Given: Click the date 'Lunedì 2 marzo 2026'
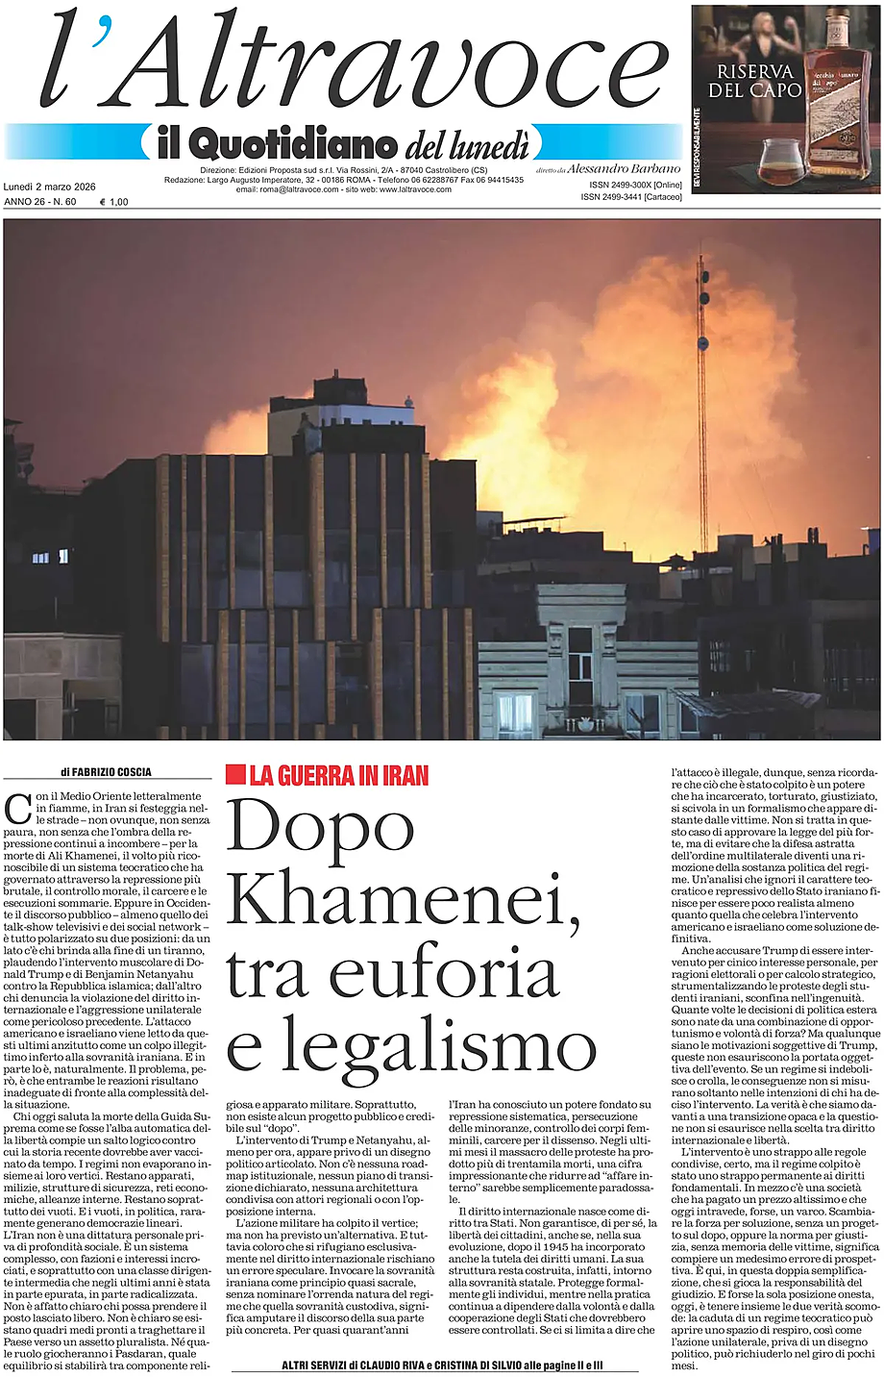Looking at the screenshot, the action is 56,187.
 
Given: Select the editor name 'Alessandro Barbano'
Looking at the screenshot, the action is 624,168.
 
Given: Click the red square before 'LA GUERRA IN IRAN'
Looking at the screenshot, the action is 234,773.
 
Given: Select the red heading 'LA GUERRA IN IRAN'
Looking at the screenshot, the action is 338,774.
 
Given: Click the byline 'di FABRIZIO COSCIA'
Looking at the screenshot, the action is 106,771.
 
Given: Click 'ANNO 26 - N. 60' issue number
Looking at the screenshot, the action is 41,202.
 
